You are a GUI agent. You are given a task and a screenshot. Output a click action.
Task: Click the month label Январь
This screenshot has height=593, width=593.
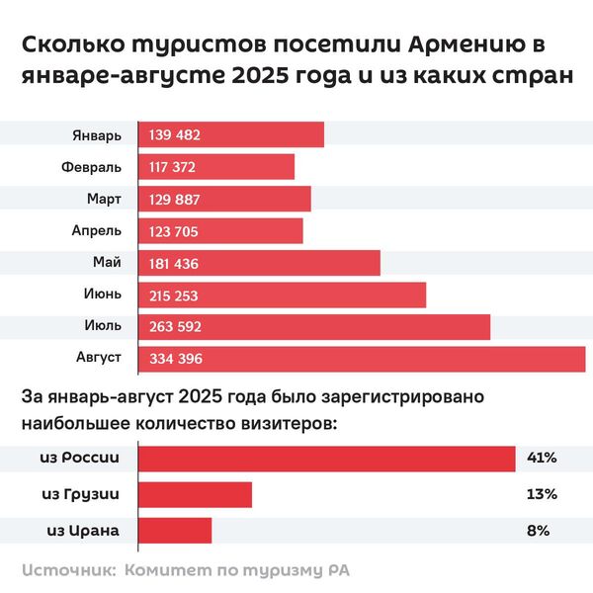click(x=97, y=134)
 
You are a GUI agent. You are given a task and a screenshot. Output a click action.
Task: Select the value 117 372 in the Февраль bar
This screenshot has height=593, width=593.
click(x=174, y=167)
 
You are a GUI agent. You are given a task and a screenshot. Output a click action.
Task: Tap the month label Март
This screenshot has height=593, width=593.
click(x=104, y=199)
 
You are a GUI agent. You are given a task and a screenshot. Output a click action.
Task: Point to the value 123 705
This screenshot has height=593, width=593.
click(x=174, y=231)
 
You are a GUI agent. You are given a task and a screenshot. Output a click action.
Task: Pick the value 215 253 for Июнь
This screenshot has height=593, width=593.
click(x=175, y=296)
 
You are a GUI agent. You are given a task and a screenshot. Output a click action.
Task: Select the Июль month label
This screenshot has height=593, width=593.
click(x=104, y=327)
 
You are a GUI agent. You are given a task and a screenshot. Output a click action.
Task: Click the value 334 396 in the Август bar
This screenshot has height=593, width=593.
click(x=175, y=360)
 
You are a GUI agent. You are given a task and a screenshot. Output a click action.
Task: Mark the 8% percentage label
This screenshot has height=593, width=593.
click(x=539, y=531)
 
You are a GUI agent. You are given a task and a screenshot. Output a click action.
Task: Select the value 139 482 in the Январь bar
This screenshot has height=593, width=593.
click(x=174, y=134)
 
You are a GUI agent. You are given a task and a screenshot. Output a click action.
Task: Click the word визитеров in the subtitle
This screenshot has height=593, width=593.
click(x=284, y=424)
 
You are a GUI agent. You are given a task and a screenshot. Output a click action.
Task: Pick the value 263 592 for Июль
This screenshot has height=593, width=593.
click(x=175, y=327)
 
